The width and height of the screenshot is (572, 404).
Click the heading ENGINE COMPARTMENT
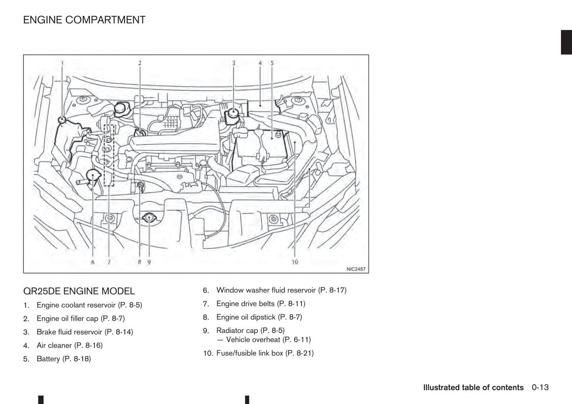point(84,20)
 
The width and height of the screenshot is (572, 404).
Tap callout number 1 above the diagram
point(62,63)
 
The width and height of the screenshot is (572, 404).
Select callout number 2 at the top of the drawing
point(140,63)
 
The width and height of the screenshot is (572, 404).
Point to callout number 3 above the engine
point(234,63)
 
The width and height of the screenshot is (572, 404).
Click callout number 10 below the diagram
point(295,262)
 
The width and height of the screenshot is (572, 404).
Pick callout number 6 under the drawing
point(93,262)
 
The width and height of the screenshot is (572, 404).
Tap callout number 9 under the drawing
point(149,262)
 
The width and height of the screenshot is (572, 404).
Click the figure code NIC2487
point(355,269)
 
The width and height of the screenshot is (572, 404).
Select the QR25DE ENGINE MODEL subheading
point(79,291)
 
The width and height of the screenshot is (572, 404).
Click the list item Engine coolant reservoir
point(89,305)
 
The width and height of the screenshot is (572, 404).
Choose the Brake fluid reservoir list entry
point(85,332)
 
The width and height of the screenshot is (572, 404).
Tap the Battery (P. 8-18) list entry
point(64,359)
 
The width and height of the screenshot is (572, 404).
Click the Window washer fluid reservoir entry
point(281,290)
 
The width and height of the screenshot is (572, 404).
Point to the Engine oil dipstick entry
point(259,317)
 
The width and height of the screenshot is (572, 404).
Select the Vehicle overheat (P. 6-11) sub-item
point(268,340)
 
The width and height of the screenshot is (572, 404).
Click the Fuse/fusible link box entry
point(265,353)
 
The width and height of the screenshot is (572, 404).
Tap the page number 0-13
point(540,387)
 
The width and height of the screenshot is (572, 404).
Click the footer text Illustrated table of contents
point(473,387)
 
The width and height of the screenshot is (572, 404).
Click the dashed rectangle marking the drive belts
point(108,155)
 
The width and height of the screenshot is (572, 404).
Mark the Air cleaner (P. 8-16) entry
point(69,345)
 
